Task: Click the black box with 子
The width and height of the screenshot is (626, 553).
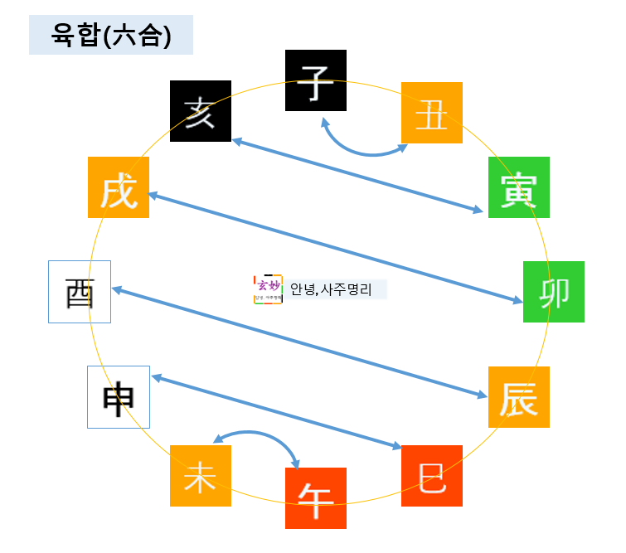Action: coord(315,80)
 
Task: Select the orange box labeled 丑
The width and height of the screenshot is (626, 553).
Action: coord(431,113)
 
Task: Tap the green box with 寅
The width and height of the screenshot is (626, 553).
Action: coord(518,187)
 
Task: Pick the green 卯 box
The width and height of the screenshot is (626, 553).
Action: coord(553,292)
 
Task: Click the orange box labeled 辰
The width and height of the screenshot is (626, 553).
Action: coord(518,397)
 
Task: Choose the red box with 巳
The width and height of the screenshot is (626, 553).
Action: coord(431,476)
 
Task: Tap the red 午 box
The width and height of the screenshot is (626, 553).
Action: coord(315,498)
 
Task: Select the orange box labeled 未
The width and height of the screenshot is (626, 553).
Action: coord(200,476)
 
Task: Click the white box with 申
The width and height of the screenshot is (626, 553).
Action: coord(119,397)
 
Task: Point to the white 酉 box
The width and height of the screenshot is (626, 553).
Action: coord(80,292)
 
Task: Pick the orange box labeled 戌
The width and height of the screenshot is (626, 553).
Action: coord(119,187)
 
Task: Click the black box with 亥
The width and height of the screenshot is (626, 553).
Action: coord(200,111)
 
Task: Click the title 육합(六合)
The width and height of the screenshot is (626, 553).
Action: coord(110,36)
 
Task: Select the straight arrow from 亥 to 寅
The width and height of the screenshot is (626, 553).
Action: coord(357,176)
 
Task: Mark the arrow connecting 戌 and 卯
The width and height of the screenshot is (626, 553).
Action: coord(335,242)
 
